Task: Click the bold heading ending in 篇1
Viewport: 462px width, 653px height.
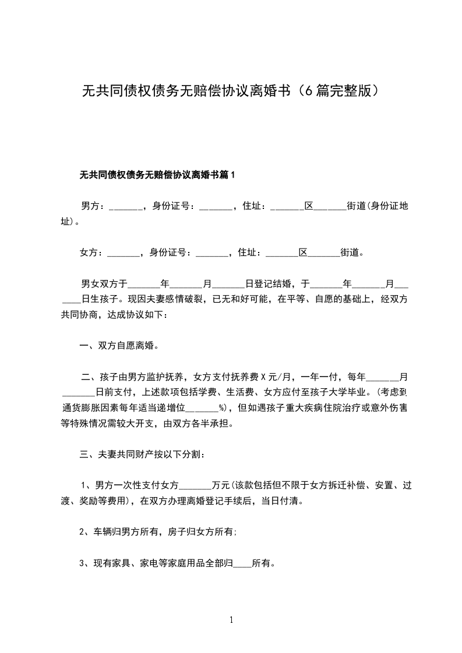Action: pyautogui.click(x=157, y=175)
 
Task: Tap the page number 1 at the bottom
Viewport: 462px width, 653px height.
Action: pyautogui.click(x=231, y=620)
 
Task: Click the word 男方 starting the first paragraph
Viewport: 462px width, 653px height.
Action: pyautogui.click(x=90, y=206)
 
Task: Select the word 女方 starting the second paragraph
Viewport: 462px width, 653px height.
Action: pyautogui.click(x=89, y=253)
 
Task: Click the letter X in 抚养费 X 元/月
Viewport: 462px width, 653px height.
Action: pyautogui.click(x=263, y=377)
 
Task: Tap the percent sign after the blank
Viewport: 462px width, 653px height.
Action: pyautogui.click(x=222, y=407)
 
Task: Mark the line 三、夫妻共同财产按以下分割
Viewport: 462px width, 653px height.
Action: pyautogui.click(x=142, y=454)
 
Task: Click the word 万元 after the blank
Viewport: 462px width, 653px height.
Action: pyautogui.click(x=221, y=485)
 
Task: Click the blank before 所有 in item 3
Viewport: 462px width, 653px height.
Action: pyautogui.click(x=242, y=563)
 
